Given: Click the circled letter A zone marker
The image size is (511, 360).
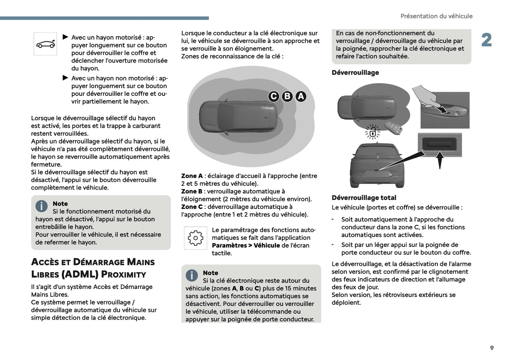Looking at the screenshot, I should pos(301,96).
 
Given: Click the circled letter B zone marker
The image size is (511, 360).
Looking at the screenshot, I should pos(287,96).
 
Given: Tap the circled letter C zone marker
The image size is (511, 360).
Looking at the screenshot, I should pos(274,96).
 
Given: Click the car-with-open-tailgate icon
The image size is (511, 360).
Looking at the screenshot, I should pos(45,44).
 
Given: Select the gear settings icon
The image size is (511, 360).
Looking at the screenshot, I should pos(196,238).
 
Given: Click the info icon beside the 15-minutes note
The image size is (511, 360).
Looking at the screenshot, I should pos(192,275).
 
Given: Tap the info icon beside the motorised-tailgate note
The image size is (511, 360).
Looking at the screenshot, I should pos(41,206).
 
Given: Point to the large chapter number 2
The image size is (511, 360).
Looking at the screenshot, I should pos(486,40).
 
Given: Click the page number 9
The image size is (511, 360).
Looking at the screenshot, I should pos(492,348).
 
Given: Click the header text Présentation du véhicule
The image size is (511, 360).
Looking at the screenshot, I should pos(436,16).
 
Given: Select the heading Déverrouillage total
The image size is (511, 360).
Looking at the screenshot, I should pos(364,198).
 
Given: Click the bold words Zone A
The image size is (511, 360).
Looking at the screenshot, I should pos(192,176).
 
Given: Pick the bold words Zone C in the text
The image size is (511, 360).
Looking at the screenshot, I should pos(192,207).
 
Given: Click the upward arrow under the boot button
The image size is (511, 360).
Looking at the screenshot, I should pos(440,160).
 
